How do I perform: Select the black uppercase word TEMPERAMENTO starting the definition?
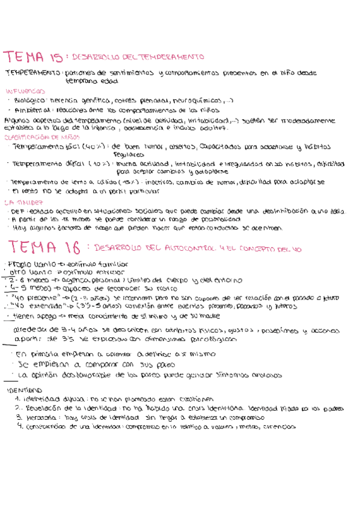[32, 73]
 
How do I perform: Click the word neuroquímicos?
[197, 100]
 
